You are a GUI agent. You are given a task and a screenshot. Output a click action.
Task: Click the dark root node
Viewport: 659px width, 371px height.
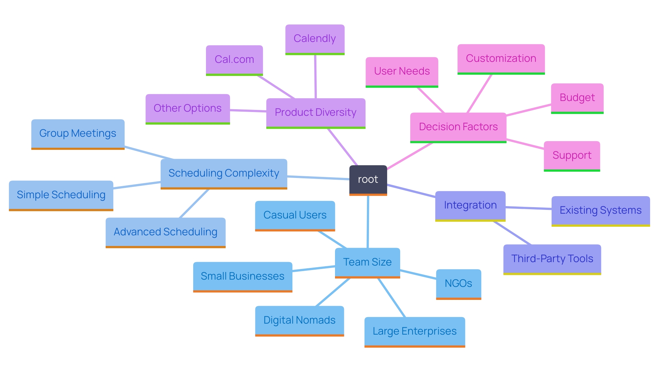[x=368, y=180]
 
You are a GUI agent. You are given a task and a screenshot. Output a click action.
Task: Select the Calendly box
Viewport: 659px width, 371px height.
[x=315, y=39]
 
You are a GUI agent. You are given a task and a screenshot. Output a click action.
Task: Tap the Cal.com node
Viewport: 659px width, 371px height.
[x=234, y=60]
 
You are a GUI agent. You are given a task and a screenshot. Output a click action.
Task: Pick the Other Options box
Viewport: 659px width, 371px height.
[x=187, y=109]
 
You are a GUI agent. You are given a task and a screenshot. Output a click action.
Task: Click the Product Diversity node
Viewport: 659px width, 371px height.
[x=315, y=113]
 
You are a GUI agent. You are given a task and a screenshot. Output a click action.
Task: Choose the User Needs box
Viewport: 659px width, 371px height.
[x=402, y=71]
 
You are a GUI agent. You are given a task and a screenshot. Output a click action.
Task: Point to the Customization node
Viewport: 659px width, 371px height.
[x=501, y=58]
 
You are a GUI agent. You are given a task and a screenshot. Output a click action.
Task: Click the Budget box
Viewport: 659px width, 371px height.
[x=577, y=98]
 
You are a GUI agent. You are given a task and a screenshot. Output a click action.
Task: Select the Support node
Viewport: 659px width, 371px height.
[x=572, y=156]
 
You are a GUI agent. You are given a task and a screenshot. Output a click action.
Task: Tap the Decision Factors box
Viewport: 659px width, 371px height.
[x=458, y=127]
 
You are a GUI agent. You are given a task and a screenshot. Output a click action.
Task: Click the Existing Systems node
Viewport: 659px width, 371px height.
[x=600, y=211]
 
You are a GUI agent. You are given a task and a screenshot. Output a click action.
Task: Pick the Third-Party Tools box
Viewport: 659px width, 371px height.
[x=552, y=259]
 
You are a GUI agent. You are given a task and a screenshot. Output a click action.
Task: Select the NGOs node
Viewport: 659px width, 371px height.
[x=458, y=284]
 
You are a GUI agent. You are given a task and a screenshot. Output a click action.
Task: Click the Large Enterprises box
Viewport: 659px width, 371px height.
[x=414, y=331]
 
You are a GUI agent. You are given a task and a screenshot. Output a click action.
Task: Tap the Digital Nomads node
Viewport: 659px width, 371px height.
[x=299, y=321]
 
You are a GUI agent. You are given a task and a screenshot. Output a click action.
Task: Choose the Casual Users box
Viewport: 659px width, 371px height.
[x=295, y=215]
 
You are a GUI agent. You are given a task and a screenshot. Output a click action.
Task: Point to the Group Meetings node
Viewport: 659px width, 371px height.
[x=78, y=134]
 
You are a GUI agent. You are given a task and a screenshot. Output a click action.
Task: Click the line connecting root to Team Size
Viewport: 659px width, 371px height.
[x=368, y=222]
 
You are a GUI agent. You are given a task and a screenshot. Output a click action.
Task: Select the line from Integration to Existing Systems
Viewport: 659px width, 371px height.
[x=529, y=208]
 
